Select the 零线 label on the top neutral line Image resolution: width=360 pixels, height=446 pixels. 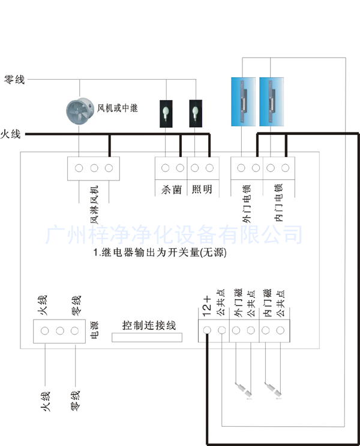click(x=14, y=79)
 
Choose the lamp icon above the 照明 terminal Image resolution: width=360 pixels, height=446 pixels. click(x=195, y=113)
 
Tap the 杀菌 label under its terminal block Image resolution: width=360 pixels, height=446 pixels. click(x=171, y=189)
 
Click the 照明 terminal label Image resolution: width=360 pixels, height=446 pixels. click(x=202, y=189)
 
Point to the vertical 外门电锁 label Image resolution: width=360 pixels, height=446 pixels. click(x=247, y=204)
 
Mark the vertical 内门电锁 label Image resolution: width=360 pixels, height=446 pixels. click(x=279, y=204)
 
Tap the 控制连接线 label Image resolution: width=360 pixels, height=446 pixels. click(x=149, y=326)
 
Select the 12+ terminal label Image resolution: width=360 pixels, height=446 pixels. click(x=206, y=306)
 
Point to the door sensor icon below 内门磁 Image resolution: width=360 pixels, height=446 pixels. click(x=273, y=390)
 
